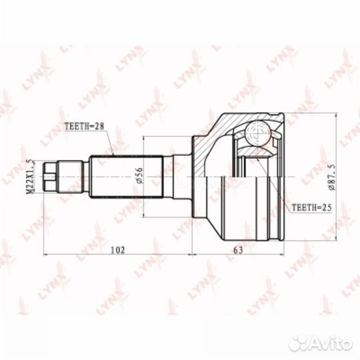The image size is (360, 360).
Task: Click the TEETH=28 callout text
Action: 84,126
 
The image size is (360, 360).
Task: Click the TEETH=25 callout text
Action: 311,207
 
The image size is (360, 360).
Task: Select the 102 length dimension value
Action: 118,250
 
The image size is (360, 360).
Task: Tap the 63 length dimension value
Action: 238,250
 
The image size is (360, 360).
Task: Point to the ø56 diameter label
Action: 139,175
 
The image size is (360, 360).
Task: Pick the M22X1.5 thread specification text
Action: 30,176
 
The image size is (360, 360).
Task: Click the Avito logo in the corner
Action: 321,344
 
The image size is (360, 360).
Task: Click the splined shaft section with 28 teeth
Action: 127,177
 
